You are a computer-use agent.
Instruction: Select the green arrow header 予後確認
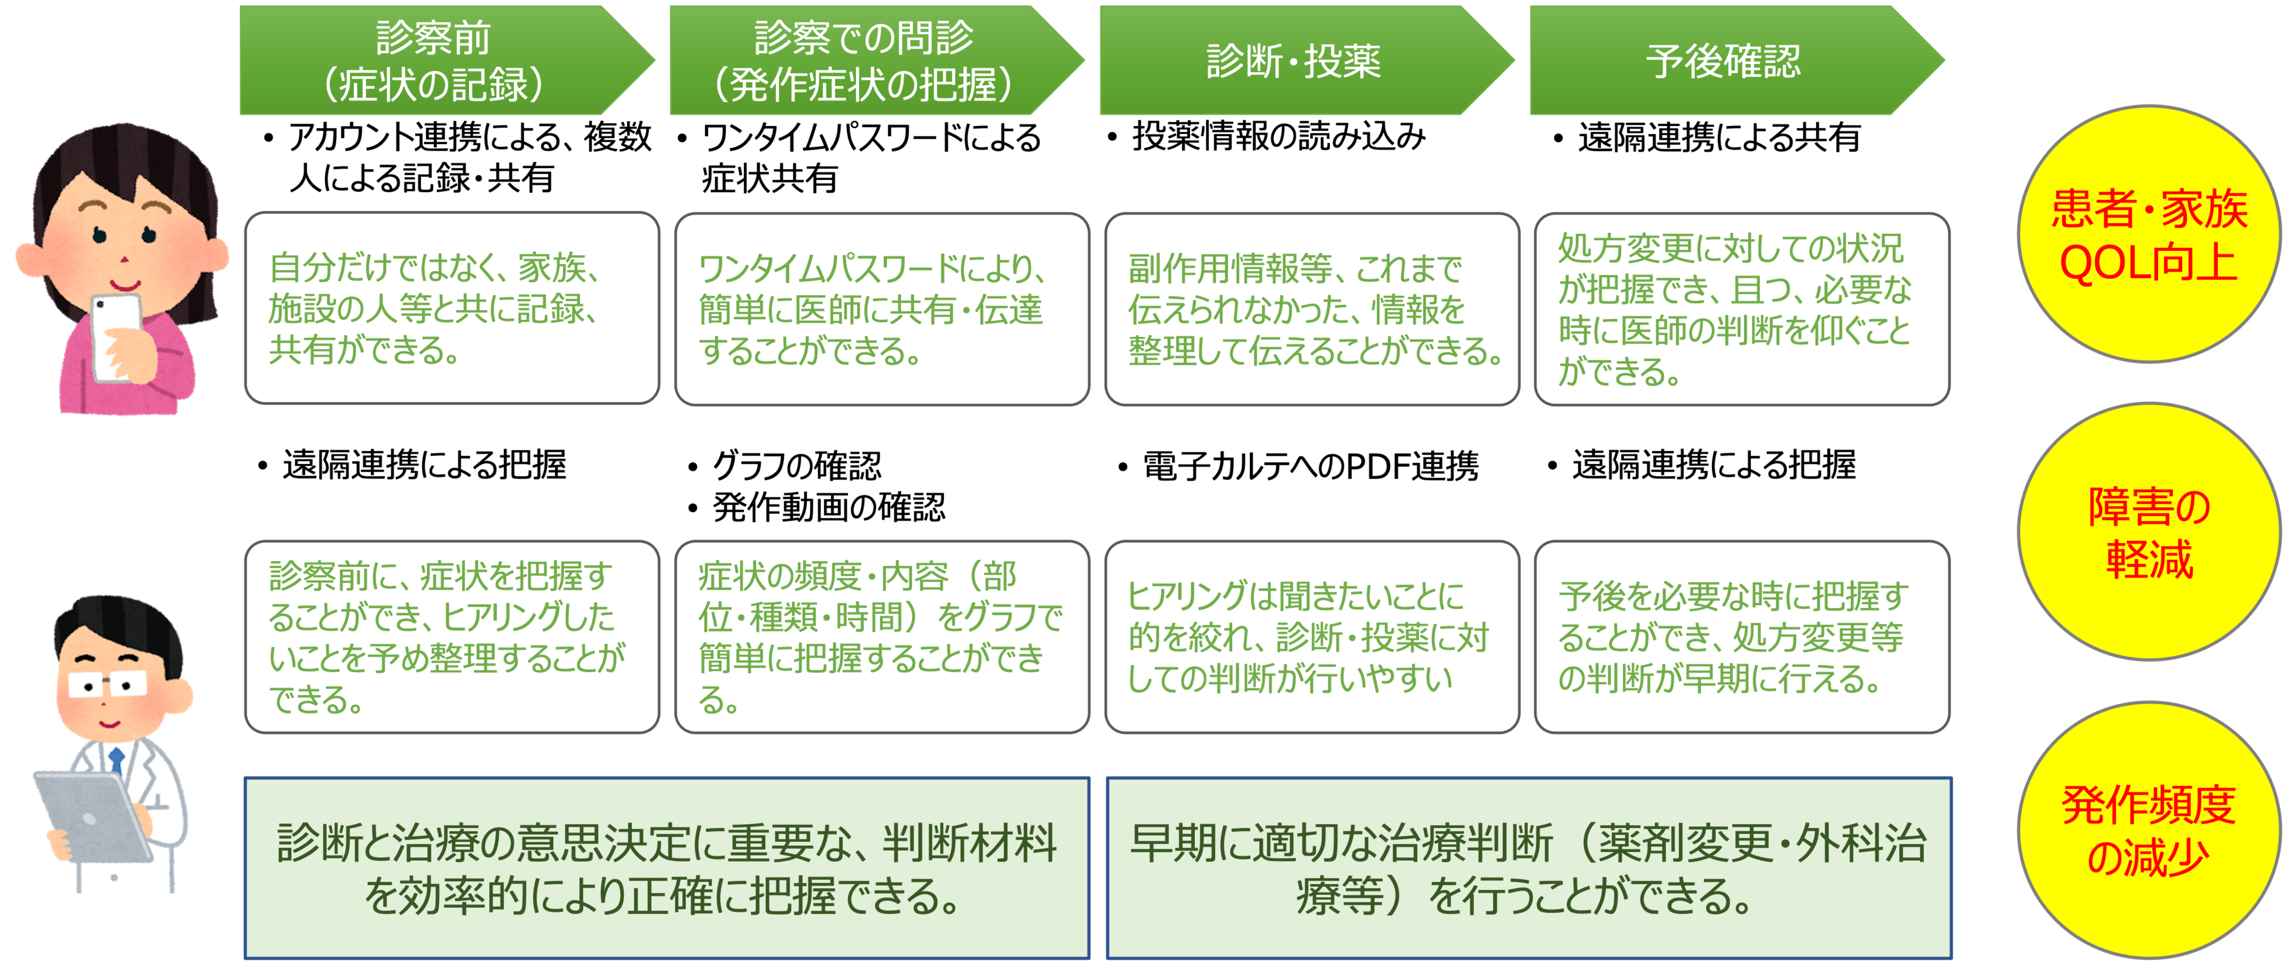(x=1723, y=60)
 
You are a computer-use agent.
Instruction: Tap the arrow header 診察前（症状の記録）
(x=433, y=60)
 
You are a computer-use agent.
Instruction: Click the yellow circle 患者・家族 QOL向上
(x=2148, y=235)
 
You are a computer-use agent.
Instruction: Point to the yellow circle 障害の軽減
(x=2148, y=532)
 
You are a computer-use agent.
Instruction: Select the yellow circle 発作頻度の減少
(x=2148, y=831)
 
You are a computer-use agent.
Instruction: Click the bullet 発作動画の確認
(x=828, y=507)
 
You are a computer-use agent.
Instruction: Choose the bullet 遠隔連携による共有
(x=1718, y=138)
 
